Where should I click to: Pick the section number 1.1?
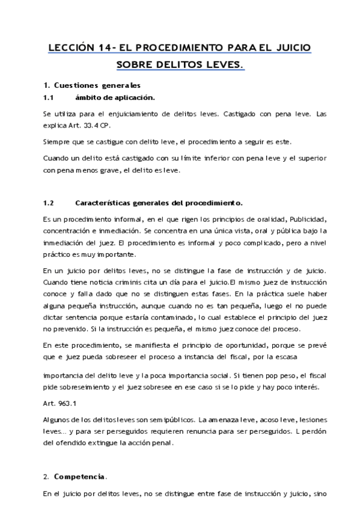(x=49, y=97)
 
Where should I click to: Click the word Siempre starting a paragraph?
(x=56, y=142)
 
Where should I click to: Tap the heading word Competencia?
(x=79, y=477)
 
